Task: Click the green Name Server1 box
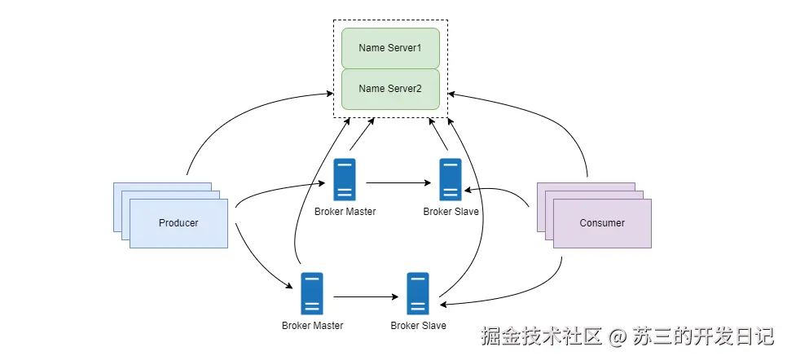390,48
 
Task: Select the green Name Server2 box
390,89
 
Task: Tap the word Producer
178,223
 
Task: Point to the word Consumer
602,223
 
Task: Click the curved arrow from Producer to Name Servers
236,122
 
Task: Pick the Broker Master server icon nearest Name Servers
345,180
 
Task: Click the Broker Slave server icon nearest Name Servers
451,180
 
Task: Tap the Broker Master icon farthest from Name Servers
312,293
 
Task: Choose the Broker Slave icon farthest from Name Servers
418,293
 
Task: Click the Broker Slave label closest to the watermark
418,326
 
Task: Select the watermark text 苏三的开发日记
701,336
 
